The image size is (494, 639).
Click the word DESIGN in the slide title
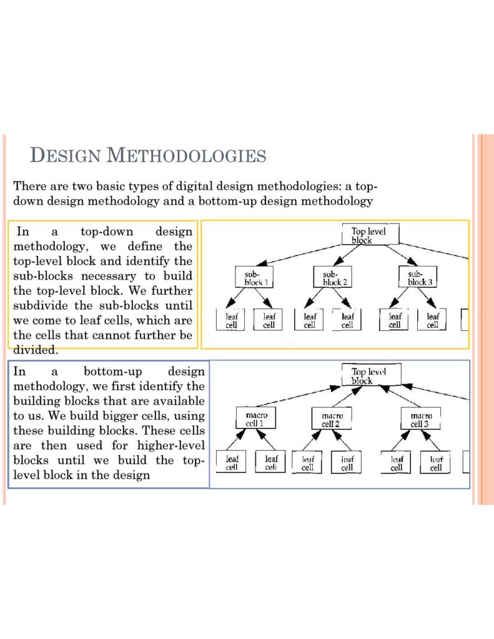(x=66, y=155)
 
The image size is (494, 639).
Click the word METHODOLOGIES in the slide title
(x=187, y=155)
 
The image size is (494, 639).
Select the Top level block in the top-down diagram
(x=370, y=234)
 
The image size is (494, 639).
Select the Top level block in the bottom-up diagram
(x=371, y=374)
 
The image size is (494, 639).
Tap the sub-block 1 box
(x=254, y=277)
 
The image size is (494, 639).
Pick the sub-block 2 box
(x=332, y=277)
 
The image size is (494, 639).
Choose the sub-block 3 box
(x=417, y=277)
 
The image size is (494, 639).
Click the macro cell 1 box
(x=256, y=417)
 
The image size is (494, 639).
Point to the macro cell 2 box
(x=331, y=419)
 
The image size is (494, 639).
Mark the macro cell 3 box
(x=420, y=419)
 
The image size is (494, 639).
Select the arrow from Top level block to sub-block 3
(x=402, y=255)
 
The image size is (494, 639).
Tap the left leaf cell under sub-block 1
(x=230, y=320)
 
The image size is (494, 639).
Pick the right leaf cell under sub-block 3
(x=432, y=320)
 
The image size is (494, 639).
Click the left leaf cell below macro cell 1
(x=231, y=462)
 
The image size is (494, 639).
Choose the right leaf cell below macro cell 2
(x=347, y=462)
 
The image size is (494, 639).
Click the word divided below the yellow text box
(x=36, y=349)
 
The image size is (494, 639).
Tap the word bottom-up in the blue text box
(x=113, y=372)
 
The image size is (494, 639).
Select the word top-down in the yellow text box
(x=107, y=232)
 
